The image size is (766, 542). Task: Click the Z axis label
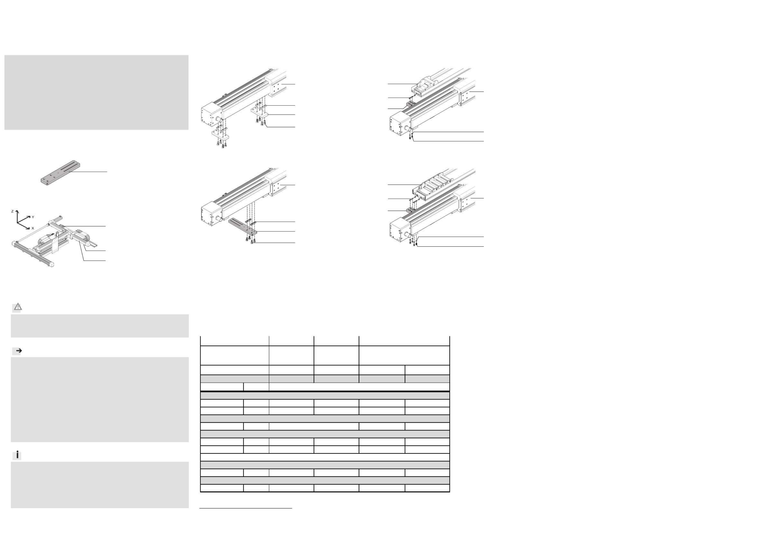(x=12, y=211)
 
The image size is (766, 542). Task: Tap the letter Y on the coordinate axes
(x=33, y=217)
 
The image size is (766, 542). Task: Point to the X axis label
(x=33, y=229)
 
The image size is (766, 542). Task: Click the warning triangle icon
(x=17, y=307)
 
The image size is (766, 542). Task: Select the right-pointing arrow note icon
(x=19, y=351)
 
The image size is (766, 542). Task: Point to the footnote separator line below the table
(x=246, y=508)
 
